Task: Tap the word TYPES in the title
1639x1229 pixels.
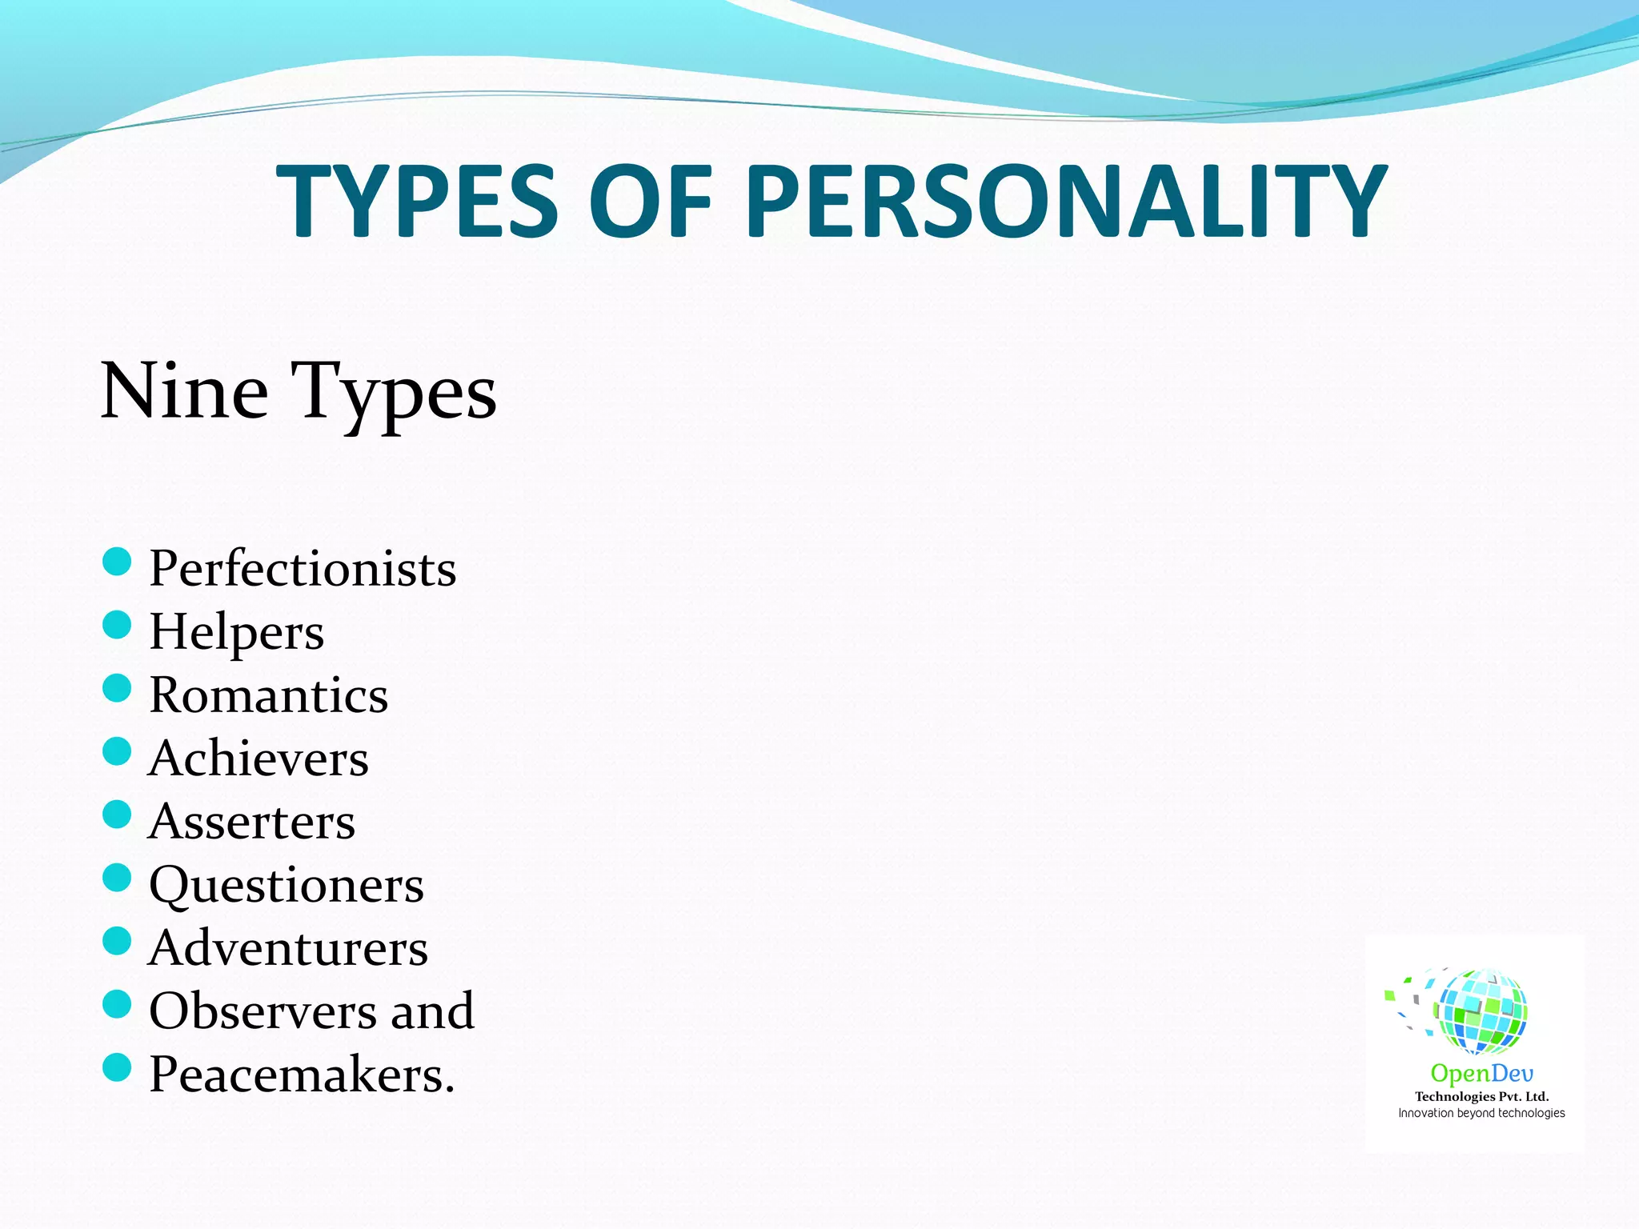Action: pyautogui.click(x=416, y=200)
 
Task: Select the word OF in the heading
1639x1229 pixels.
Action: pyautogui.click(x=650, y=200)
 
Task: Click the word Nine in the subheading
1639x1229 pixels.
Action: pyautogui.click(x=184, y=390)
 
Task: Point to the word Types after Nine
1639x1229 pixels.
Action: pyautogui.click(x=393, y=392)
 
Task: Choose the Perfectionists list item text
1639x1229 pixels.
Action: pyautogui.click(x=303, y=568)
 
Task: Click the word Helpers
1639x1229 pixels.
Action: pyautogui.click(x=237, y=632)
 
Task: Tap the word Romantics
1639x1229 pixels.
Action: pyautogui.click(x=269, y=695)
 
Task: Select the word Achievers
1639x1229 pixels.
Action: pyautogui.click(x=258, y=758)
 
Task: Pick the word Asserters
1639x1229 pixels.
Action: pyautogui.click(x=252, y=821)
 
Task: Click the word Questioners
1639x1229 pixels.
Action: pyautogui.click(x=287, y=885)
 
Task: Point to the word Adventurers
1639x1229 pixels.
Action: pyautogui.click(x=288, y=948)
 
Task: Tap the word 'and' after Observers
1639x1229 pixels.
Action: pyautogui.click(x=432, y=1011)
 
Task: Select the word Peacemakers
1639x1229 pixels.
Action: pyautogui.click(x=301, y=1074)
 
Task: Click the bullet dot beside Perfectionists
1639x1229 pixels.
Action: pyautogui.click(x=117, y=562)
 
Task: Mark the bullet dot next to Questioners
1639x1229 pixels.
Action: pyautogui.click(x=117, y=878)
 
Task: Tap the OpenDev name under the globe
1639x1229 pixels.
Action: pyautogui.click(x=1481, y=1073)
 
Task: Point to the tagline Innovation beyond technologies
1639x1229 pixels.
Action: pyautogui.click(x=1481, y=1113)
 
